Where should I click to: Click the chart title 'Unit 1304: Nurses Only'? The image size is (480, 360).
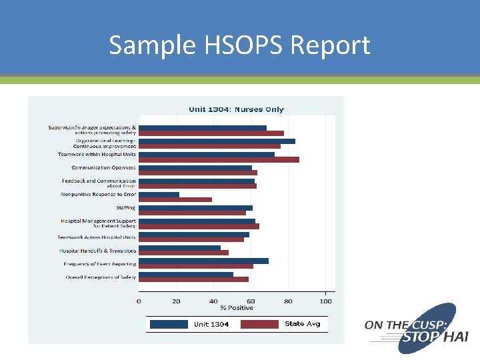click(236, 109)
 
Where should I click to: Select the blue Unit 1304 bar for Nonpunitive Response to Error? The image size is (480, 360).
click(159, 195)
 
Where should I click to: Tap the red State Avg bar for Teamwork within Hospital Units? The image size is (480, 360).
click(219, 160)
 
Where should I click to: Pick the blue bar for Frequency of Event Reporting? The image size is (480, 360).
click(203, 261)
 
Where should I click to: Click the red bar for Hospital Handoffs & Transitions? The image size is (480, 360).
click(183, 253)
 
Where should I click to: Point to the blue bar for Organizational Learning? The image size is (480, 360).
click(217, 141)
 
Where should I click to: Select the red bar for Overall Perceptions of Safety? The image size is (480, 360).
click(193, 279)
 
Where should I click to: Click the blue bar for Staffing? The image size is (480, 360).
click(195, 208)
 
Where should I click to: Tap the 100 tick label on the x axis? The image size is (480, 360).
click(326, 301)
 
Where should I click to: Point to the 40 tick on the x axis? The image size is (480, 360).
click(213, 301)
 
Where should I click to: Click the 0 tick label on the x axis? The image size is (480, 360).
click(139, 301)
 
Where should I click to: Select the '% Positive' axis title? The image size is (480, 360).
click(237, 308)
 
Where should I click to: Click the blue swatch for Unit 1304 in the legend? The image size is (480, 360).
click(169, 324)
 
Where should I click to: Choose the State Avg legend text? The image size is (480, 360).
click(303, 324)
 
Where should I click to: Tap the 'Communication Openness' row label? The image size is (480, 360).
click(103, 168)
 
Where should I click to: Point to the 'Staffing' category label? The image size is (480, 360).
click(126, 208)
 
